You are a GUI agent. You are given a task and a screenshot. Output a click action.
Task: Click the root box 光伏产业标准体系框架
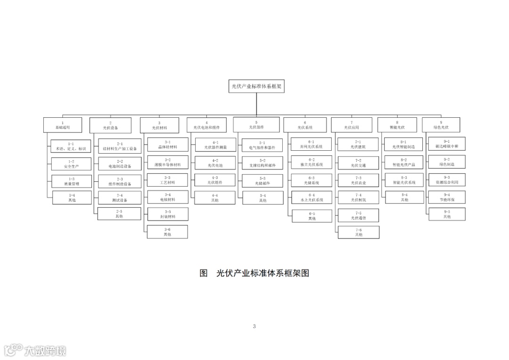click(x=256, y=86)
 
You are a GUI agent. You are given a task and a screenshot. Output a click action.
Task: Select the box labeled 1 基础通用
click(x=62, y=125)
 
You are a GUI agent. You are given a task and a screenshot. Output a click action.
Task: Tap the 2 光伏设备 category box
click(x=110, y=125)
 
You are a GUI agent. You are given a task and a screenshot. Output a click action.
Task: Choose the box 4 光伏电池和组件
click(x=206, y=125)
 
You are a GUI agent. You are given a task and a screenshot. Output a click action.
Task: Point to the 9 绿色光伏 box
click(x=441, y=125)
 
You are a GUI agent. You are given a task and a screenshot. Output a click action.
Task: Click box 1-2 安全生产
click(x=72, y=164)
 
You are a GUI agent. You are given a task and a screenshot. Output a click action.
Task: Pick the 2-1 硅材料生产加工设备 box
click(x=120, y=146)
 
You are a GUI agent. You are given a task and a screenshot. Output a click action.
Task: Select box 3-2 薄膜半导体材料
click(x=167, y=162)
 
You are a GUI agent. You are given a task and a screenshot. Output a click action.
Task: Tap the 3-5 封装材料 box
click(x=167, y=214)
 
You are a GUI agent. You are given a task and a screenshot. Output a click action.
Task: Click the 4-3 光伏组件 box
click(x=215, y=180)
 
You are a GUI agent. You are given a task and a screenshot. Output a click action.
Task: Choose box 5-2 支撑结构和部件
click(x=263, y=163)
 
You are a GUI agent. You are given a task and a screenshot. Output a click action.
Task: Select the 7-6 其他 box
click(x=358, y=232)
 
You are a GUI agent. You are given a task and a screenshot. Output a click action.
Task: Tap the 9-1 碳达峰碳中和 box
click(x=446, y=144)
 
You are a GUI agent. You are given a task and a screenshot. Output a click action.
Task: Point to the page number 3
click(x=254, y=326)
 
